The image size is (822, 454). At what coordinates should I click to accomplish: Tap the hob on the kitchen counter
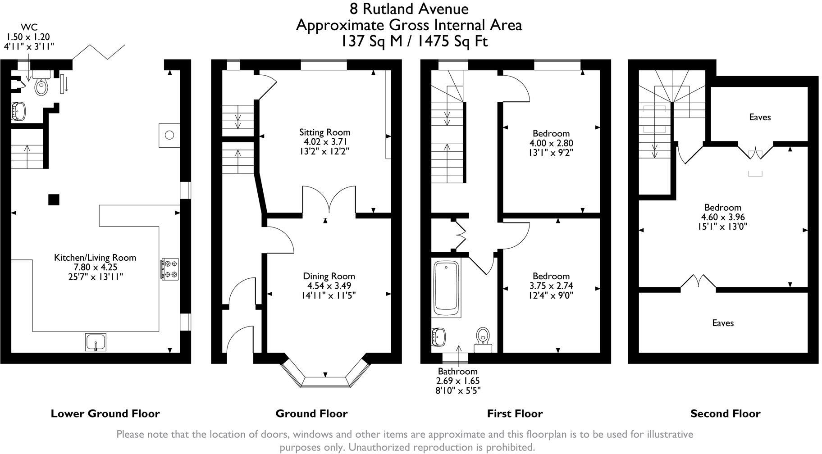(x=170, y=269)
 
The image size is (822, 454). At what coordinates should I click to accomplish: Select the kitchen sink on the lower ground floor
(x=96, y=342)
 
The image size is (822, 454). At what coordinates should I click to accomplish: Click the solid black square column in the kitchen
(x=54, y=199)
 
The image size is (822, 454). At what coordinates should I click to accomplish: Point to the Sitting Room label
(x=324, y=132)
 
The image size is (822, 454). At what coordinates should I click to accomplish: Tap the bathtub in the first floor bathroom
(x=446, y=288)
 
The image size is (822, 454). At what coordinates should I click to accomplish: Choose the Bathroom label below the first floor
(x=457, y=372)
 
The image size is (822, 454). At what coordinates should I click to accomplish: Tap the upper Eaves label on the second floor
(x=760, y=118)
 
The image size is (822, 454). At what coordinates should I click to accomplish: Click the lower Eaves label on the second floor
(x=723, y=323)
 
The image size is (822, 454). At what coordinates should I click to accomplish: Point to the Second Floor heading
(x=725, y=413)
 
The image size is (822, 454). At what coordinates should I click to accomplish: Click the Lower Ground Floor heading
(x=105, y=413)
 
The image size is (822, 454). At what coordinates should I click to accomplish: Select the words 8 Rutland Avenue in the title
(x=409, y=9)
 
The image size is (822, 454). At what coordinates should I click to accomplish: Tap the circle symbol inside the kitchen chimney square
(x=169, y=135)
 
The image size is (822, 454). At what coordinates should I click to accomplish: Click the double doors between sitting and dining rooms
(x=330, y=200)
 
